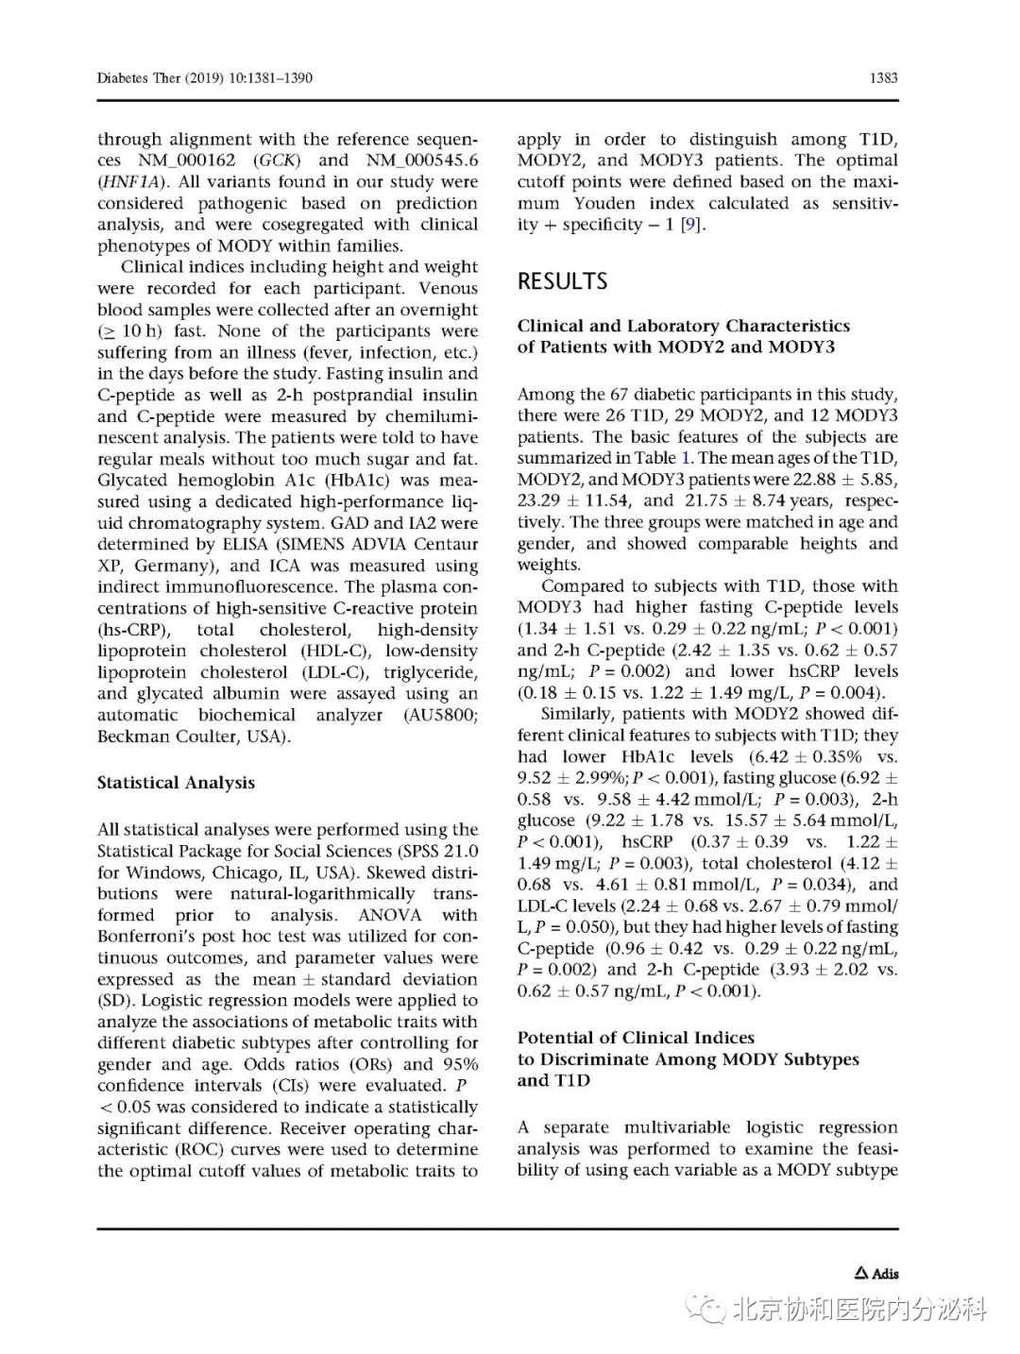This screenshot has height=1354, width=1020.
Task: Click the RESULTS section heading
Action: pyautogui.click(x=562, y=281)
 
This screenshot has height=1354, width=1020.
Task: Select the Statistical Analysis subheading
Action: pyautogui.click(x=176, y=783)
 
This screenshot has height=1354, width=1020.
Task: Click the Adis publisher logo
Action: pyautogui.click(x=876, y=1274)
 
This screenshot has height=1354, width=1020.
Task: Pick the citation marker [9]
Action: pyautogui.click(x=691, y=225)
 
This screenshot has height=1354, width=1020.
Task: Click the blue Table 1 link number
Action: pyautogui.click(x=687, y=458)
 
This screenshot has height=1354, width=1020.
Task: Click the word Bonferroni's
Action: pyautogui.click(x=144, y=937)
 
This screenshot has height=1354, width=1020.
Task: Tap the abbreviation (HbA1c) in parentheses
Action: pyautogui.click(x=363, y=480)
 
